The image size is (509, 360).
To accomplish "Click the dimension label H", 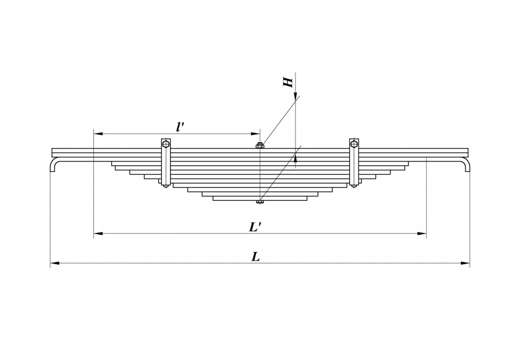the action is coord(288,82).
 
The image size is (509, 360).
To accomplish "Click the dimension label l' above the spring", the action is coord(180,126).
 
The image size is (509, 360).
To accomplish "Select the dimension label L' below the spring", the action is coord(256,227).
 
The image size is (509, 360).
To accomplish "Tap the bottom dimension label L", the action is coord(256,257).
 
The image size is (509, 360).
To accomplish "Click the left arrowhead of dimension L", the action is coord(55,263).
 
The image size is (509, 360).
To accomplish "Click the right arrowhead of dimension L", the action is coord(465,263).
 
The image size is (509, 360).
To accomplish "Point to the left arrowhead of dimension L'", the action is coord(98,233).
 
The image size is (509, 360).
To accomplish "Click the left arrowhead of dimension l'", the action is coord(98,133).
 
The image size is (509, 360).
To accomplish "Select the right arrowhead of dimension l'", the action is coord(256,133).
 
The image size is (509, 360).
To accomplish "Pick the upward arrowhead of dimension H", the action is coord(295,157).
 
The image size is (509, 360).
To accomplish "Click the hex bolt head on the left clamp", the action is coord(166,143).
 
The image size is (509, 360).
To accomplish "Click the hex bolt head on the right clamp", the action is coord(354,143).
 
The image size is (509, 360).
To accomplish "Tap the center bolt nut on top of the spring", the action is coord(260,145).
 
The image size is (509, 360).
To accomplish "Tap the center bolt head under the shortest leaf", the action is coord(260,202).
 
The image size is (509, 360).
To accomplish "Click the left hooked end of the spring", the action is coord(53,164).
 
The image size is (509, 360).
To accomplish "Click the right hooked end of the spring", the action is coord(467,164).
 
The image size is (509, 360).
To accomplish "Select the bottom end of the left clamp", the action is coord(166,186).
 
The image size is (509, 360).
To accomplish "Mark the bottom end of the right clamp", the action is coord(354,186).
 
